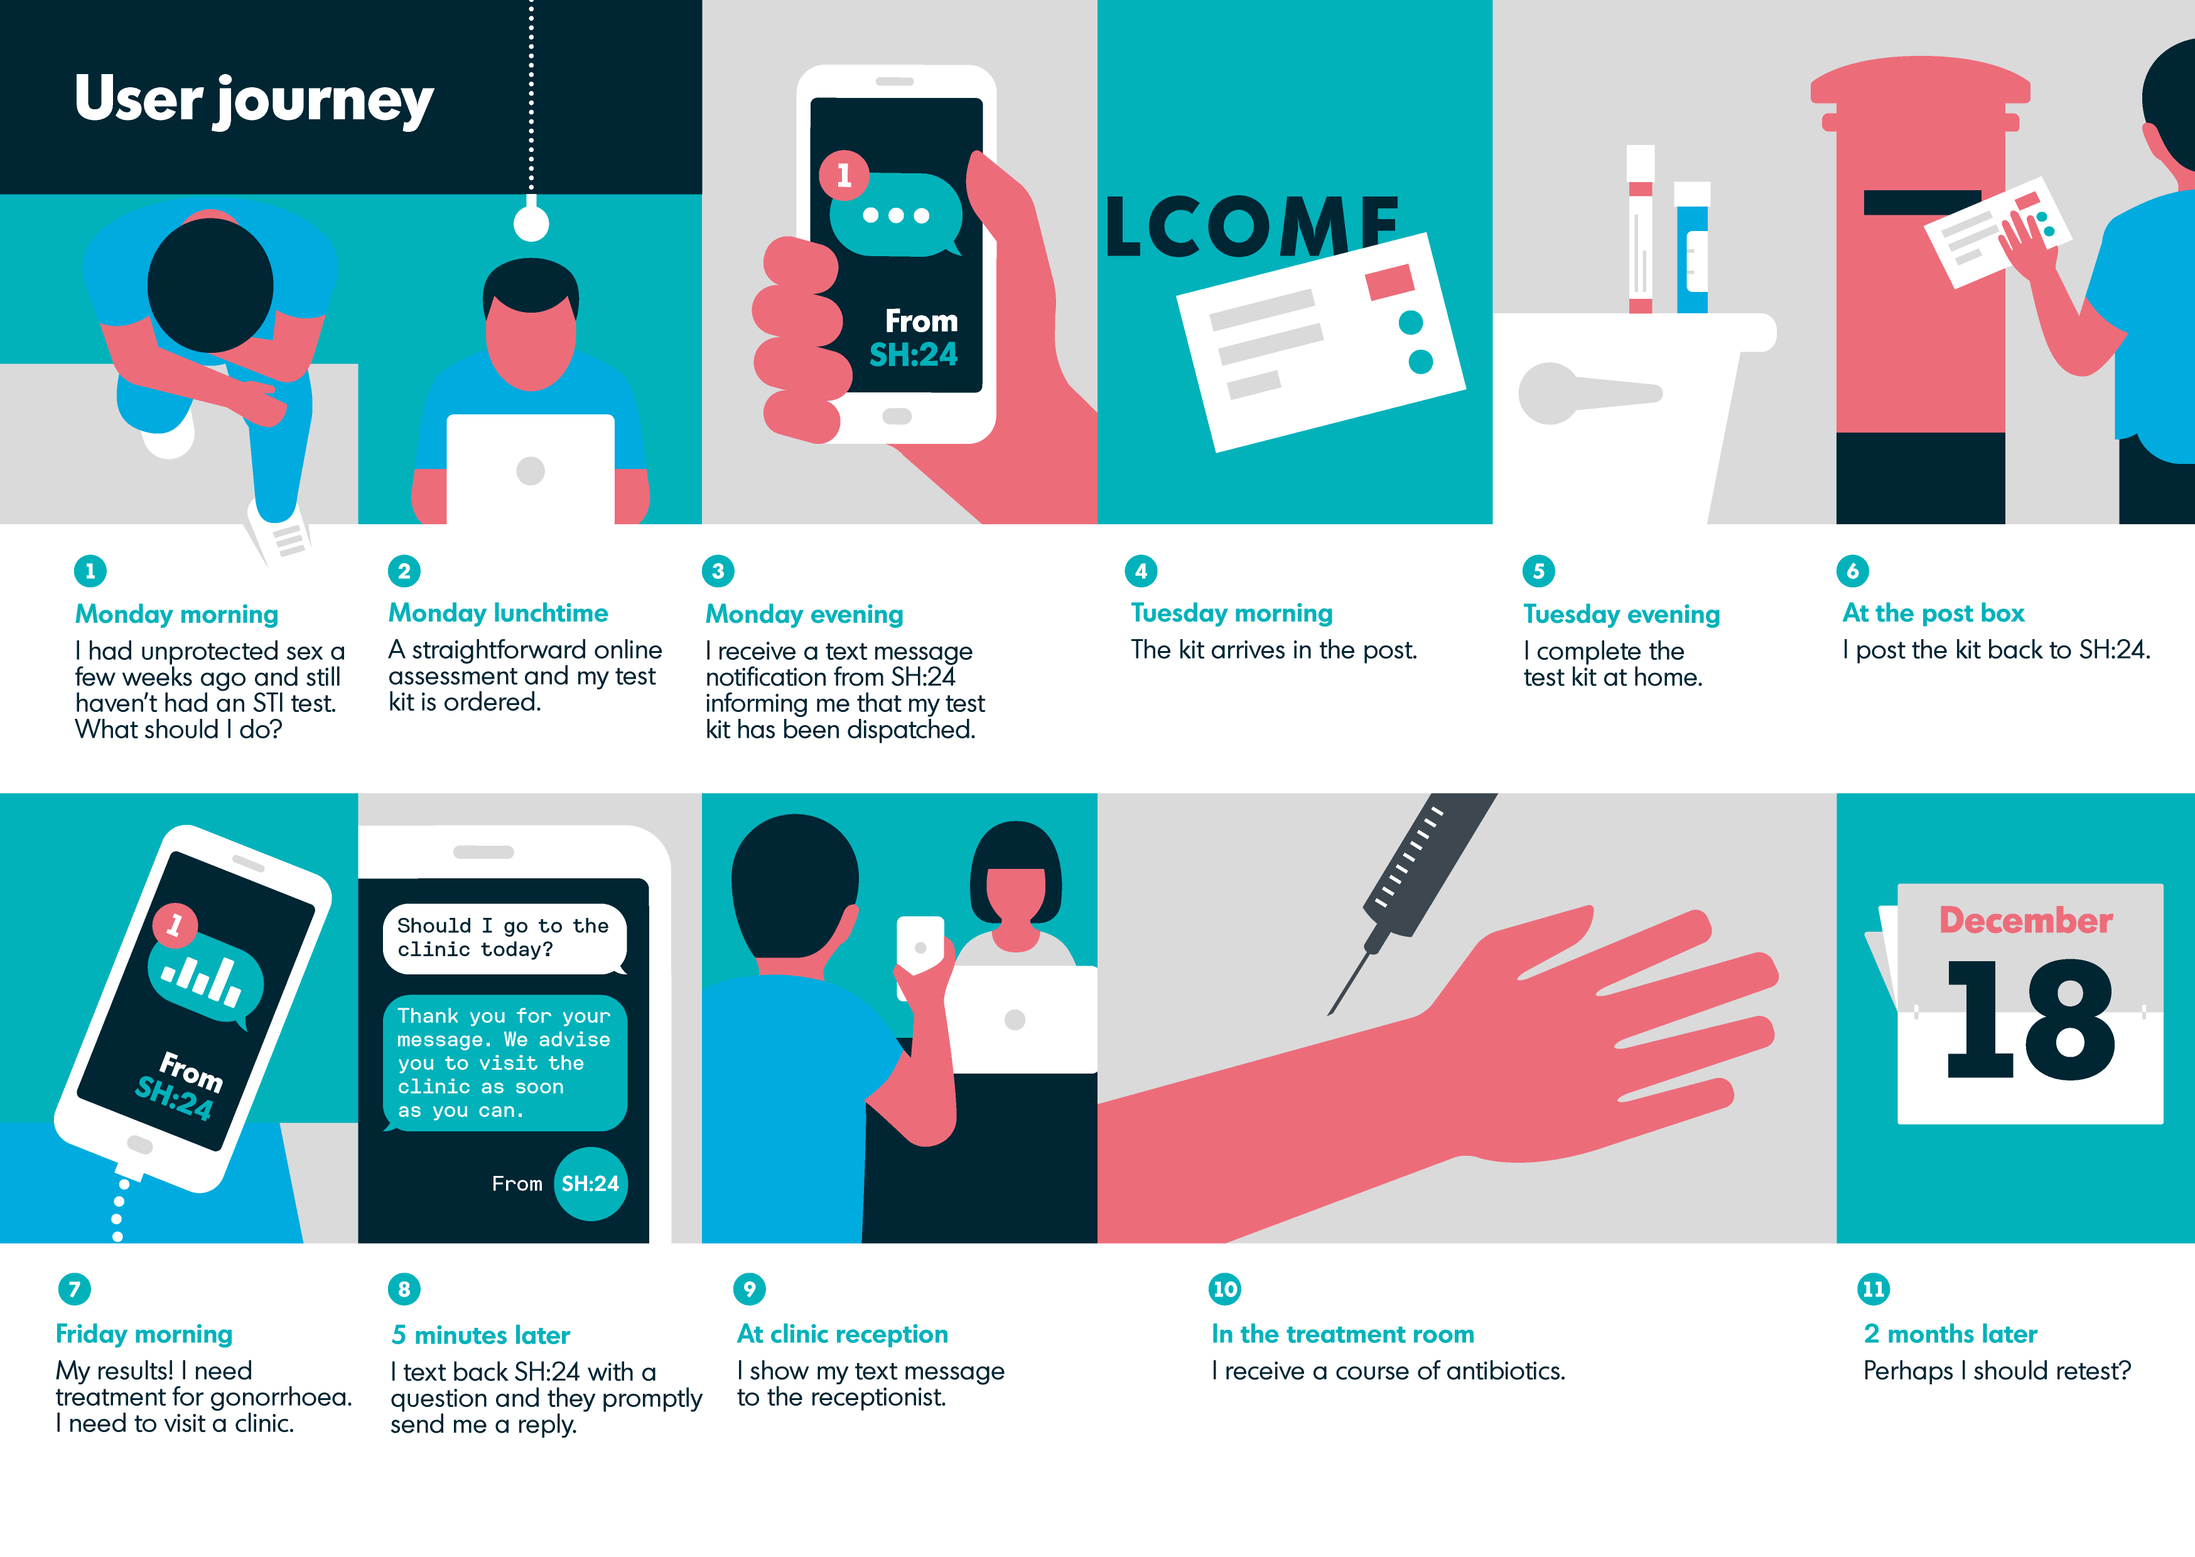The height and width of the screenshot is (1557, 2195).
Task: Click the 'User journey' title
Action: pyautogui.click(x=254, y=100)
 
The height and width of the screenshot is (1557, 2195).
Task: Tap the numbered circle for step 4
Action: pyautogui.click(x=1141, y=571)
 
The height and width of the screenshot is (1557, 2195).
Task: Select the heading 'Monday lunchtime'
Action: pyautogui.click(x=499, y=613)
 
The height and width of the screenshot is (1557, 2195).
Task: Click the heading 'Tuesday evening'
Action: pyautogui.click(x=1622, y=615)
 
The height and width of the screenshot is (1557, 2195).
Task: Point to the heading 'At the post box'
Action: pyautogui.click(x=1933, y=613)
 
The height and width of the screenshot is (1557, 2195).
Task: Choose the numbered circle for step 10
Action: pyautogui.click(x=1225, y=1288)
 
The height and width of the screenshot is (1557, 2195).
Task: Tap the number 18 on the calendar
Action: pyautogui.click(x=2030, y=1019)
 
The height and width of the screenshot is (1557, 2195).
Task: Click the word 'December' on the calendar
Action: pyautogui.click(x=2026, y=920)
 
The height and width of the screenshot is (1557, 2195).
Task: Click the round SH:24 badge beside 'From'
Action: pyautogui.click(x=590, y=1184)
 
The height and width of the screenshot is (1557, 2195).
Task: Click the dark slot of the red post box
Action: pyautogui.click(x=1922, y=202)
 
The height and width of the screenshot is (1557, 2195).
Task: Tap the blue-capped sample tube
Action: pyautogui.click(x=1692, y=247)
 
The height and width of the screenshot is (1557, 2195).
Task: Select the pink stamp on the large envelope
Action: pyautogui.click(x=1390, y=282)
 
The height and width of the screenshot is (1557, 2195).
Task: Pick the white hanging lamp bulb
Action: pyautogui.click(x=531, y=224)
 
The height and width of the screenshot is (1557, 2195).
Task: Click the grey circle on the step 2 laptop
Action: pyautogui.click(x=530, y=471)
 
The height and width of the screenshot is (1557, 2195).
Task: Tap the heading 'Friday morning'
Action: pyautogui.click(x=144, y=1335)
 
